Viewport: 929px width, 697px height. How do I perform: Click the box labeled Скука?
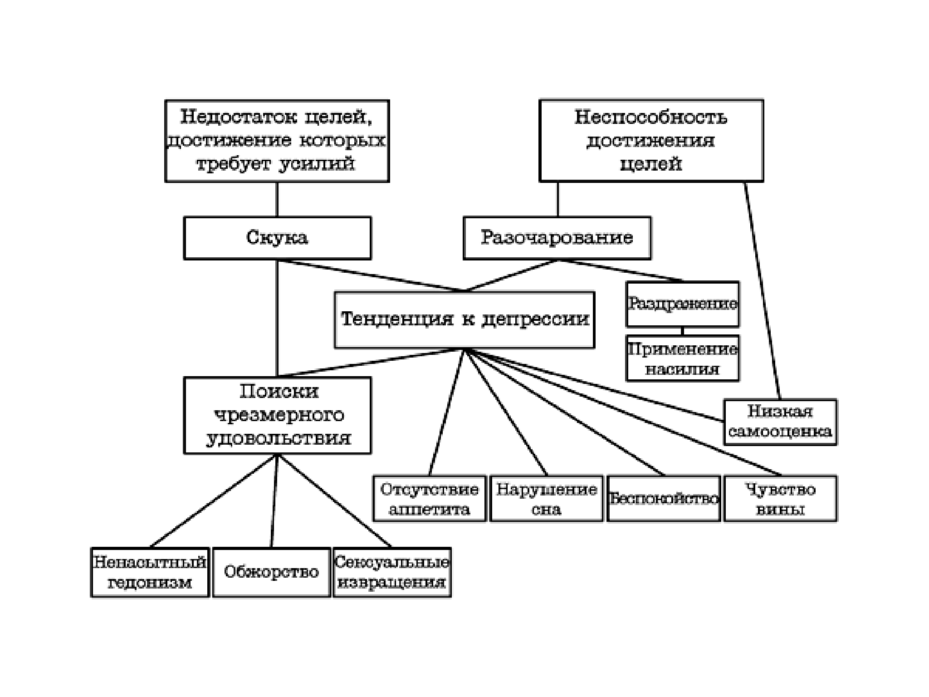[x=277, y=238]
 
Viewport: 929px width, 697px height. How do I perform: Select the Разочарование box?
[x=557, y=238]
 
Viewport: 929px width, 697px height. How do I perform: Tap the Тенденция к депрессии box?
[x=464, y=319]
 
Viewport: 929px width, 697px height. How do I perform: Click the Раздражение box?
[x=682, y=304]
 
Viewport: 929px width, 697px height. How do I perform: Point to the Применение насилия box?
[x=682, y=358]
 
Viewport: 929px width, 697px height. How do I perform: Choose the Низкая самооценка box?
[x=780, y=422]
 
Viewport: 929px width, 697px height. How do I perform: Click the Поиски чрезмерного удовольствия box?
[x=277, y=415]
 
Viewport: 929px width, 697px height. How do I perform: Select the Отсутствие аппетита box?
[x=429, y=498]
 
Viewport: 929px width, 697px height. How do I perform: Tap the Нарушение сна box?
[x=546, y=498]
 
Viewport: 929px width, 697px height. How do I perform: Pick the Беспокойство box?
[x=663, y=498]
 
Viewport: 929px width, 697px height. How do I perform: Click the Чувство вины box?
[x=780, y=498]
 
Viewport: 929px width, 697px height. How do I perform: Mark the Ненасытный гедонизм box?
[x=150, y=572]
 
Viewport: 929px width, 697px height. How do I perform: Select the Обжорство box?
[x=271, y=572]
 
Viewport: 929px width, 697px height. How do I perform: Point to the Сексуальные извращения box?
[x=392, y=572]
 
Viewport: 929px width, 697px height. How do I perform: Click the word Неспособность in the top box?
[x=651, y=118]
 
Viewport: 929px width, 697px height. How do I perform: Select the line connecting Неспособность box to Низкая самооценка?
[x=762, y=290]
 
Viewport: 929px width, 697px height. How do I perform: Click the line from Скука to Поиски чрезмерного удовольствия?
[x=277, y=318]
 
